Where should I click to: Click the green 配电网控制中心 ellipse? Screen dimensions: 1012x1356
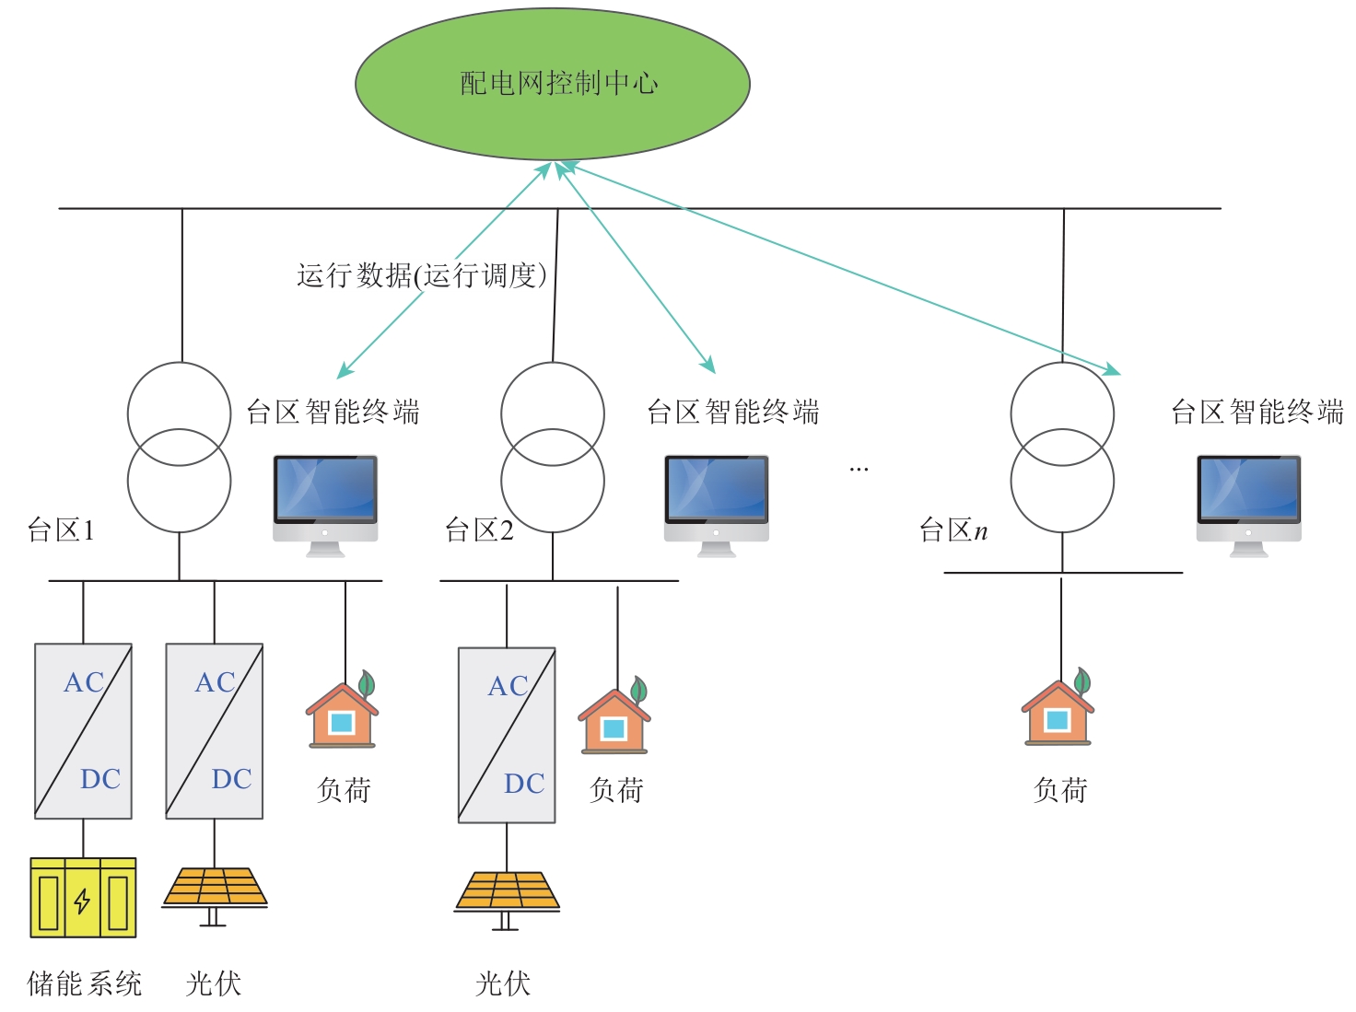(x=553, y=84)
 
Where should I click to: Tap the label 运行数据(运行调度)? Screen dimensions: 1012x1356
(x=422, y=275)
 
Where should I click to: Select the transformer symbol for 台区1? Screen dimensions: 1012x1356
(x=179, y=448)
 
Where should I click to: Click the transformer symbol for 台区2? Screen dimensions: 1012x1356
(x=553, y=448)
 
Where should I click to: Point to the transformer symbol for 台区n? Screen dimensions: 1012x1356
(x=1062, y=448)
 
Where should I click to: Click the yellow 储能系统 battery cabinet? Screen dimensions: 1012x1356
(x=83, y=898)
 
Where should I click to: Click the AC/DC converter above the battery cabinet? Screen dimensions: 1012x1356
(x=83, y=731)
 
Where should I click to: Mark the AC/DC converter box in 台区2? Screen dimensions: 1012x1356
(x=507, y=735)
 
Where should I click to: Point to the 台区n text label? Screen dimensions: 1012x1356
(x=953, y=530)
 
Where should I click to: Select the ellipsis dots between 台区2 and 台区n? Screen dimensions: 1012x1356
(x=859, y=470)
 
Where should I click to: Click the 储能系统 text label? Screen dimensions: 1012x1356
(x=85, y=983)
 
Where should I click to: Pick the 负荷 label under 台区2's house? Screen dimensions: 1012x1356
(x=616, y=789)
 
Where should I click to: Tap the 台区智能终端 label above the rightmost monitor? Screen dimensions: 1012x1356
(x=1257, y=412)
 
